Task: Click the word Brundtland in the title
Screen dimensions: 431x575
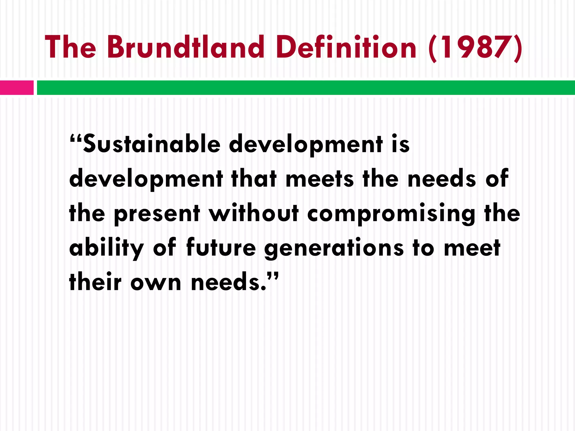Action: pyautogui.click(x=185, y=47)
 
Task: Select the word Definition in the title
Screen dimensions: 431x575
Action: pyautogui.click(x=346, y=47)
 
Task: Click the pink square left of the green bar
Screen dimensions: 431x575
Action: pyautogui.click(x=17, y=88)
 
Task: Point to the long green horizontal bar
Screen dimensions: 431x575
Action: pyautogui.click(x=306, y=88)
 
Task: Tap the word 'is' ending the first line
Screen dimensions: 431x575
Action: pyautogui.click(x=401, y=145)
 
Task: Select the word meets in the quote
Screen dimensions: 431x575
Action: pyautogui.click(x=320, y=179)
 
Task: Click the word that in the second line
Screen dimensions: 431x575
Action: pyautogui.click(x=254, y=179)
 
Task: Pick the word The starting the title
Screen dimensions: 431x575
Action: pyautogui.click(x=70, y=47)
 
